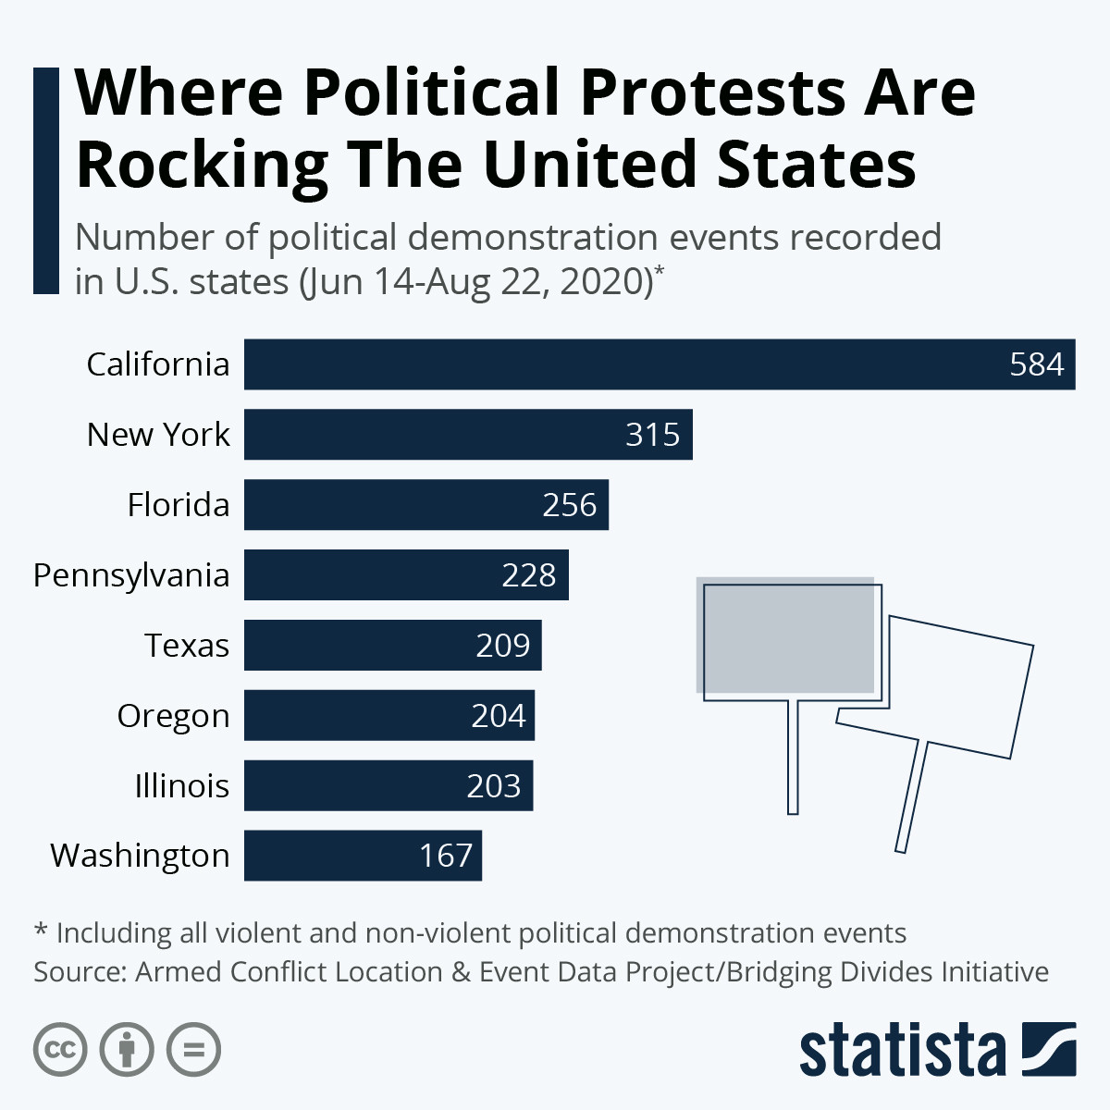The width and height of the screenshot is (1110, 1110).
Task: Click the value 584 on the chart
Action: pos(1037,364)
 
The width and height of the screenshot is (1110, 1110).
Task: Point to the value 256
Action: pos(570,505)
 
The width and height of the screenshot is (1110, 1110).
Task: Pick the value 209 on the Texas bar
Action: pos(503,646)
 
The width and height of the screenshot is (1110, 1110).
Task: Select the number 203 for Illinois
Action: pos(494,786)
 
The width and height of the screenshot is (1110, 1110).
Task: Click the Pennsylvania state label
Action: pos(131,575)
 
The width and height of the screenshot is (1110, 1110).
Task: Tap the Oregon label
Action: pos(173,716)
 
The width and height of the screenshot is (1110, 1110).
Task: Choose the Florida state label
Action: pos(179,505)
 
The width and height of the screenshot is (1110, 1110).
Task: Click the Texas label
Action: pos(187,646)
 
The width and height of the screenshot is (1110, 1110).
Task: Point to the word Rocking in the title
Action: pos(202,165)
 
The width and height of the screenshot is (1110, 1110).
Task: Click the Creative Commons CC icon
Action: pos(60,1050)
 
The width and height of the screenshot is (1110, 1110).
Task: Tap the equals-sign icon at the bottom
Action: pos(194,1050)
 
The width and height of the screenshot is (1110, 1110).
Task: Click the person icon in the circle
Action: pos(127,1050)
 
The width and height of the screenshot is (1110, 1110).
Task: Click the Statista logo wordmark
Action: pos(902,1051)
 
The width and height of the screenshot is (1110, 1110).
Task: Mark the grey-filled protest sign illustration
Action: pos(785,636)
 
